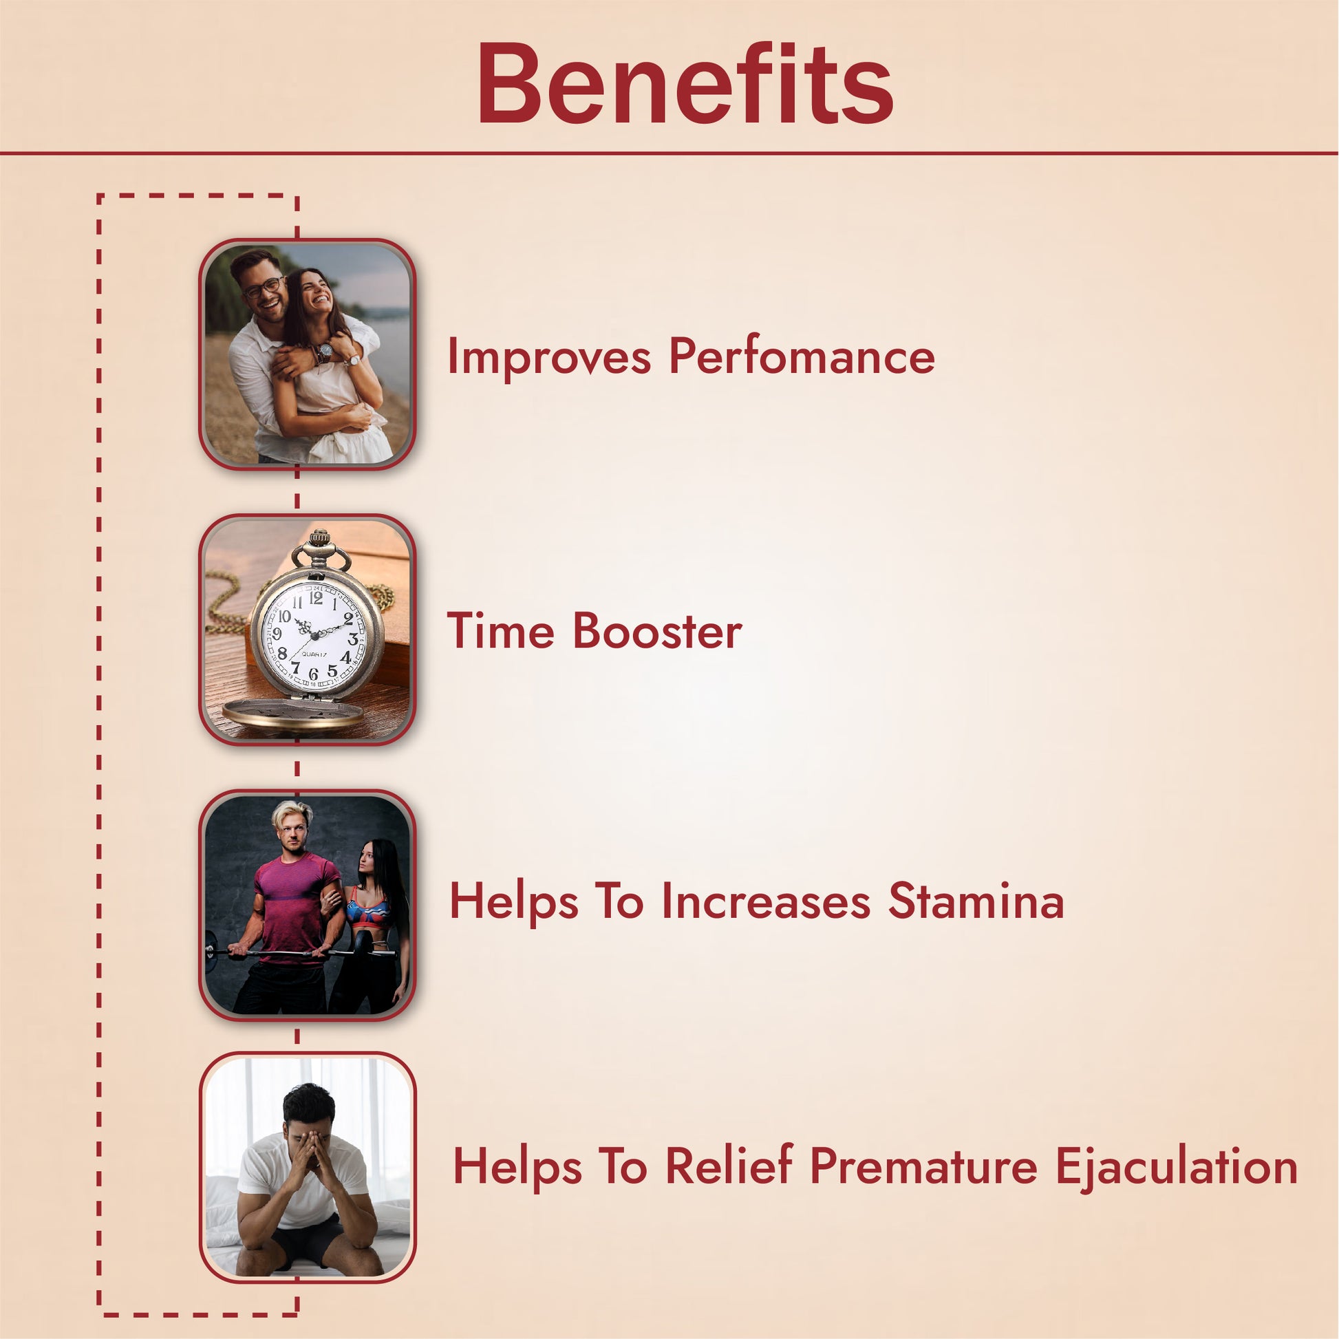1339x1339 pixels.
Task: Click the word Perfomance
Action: pos(802,356)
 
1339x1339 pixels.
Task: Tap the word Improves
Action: pos(549,358)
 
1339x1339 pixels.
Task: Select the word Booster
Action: pos(657,632)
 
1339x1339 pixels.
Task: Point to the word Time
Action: pos(500,632)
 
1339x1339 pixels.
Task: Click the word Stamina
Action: pos(976,901)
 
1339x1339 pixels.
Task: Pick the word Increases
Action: pos(766,901)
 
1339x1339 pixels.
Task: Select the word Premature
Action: pos(924,1167)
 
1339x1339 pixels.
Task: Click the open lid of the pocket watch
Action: pos(292,714)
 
